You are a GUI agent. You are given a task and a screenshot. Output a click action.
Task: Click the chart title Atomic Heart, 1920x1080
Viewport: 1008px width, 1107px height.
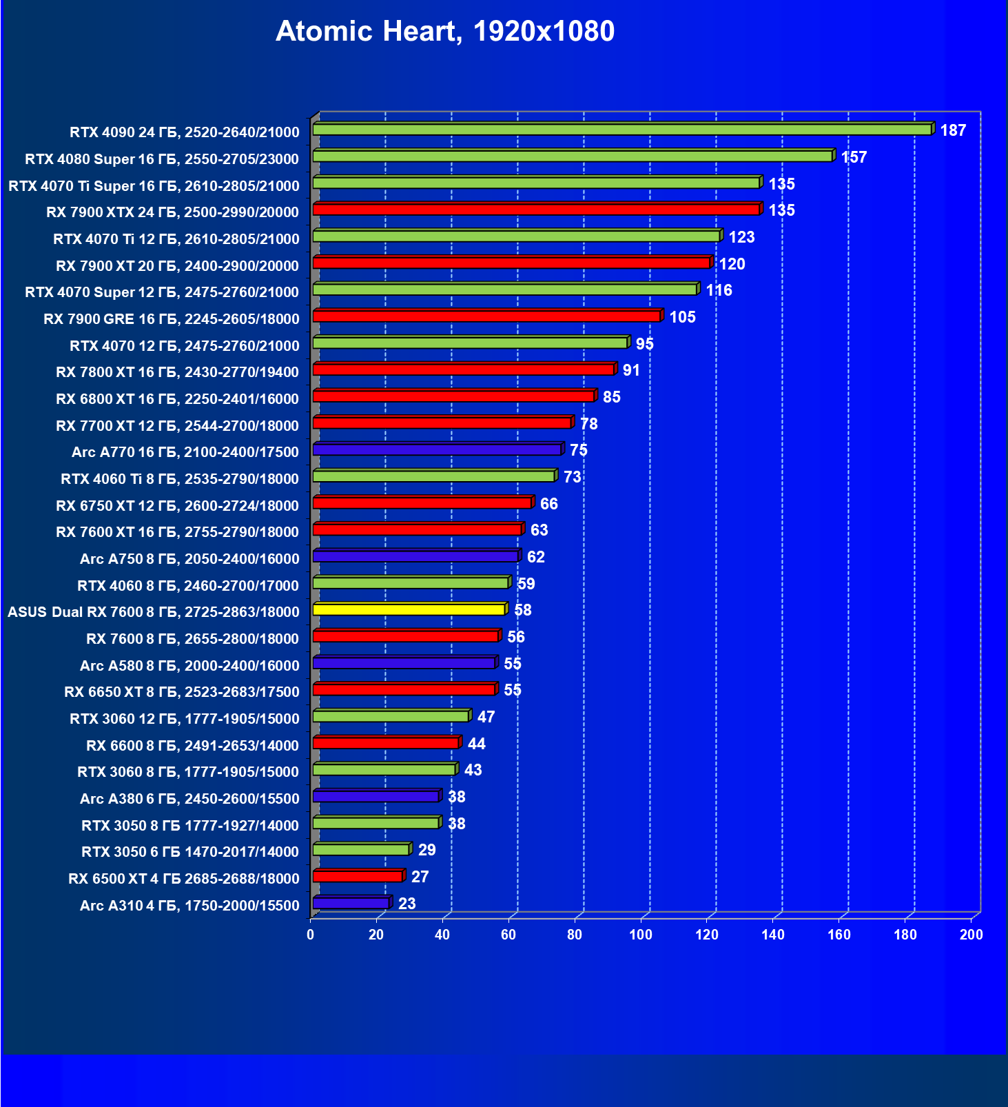pyautogui.click(x=445, y=31)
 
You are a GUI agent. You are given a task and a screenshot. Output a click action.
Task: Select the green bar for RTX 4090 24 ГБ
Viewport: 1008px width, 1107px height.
pyautogui.click(x=621, y=130)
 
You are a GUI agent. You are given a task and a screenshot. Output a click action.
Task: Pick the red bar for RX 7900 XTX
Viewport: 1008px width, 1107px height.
pyautogui.click(x=536, y=210)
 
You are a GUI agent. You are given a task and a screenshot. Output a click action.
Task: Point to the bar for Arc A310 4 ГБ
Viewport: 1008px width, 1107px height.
pyautogui.click(x=351, y=903)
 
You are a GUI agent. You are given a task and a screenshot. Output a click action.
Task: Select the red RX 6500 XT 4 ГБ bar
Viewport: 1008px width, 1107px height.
pyautogui.click(x=358, y=876)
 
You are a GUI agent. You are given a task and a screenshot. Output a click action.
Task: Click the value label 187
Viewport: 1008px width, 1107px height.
pyautogui.click(x=953, y=130)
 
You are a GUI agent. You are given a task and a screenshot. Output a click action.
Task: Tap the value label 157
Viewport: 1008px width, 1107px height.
pyautogui.click(x=854, y=157)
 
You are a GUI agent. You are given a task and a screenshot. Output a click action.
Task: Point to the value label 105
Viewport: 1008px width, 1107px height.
pyautogui.click(x=682, y=317)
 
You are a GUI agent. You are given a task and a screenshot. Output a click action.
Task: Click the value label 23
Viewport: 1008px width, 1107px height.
pyautogui.click(x=407, y=904)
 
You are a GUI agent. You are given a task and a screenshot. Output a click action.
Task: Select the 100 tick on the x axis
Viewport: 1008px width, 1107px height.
pyautogui.click(x=641, y=935)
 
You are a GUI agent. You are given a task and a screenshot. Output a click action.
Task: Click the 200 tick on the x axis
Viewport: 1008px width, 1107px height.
pyautogui.click(x=971, y=935)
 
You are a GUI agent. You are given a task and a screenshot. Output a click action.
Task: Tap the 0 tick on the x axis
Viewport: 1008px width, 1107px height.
pyautogui.click(x=311, y=935)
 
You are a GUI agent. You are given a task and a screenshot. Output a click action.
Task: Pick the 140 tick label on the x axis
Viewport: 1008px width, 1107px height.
pyautogui.click(x=773, y=935)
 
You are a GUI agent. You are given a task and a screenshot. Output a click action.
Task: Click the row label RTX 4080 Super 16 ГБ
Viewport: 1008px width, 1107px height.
pyautogui.click(x=162, y=159)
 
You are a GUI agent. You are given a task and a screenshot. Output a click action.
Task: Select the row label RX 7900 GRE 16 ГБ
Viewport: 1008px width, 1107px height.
pyautogui.click(x=172, y=319)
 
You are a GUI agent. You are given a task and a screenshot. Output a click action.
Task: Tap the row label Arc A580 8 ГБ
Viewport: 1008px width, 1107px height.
pyautogui.click(x=189, y=666)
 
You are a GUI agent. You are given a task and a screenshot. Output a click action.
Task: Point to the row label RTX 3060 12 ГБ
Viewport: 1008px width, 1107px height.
pyautogui.click(x=185, y=719)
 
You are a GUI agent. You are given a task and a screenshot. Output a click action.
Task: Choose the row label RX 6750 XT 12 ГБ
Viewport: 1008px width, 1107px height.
pyautogui.click(x=178, y=506)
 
